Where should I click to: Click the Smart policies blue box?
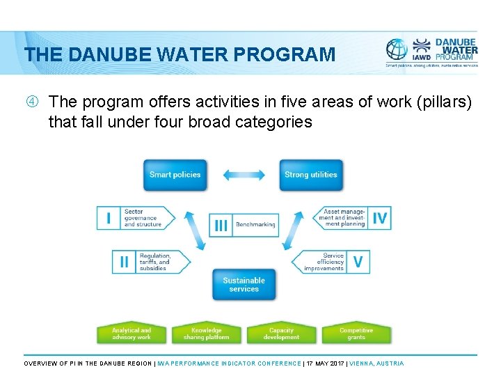click(x=175, y=174)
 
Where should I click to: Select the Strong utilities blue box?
click(x=310, y=174)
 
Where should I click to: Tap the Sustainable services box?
click(x=244, y=284)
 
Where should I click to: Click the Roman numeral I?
click(x=108, y=218)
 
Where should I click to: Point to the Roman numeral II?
click(x=123, y=262)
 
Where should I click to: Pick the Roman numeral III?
click(x=221, y=225)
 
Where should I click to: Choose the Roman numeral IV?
click(x=379, y=218)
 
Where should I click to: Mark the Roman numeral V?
click(x=358, y=262)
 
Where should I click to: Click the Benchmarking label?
click(x=255, y=225)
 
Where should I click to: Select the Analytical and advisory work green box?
click(x=132, y=334)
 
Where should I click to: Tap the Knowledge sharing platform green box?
click(x=207, y=334)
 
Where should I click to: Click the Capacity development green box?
click(x=281, y=334)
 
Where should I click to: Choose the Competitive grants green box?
click(x=356, y=334)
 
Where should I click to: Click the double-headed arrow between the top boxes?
click(x=244, y=174)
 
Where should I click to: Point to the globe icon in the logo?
click(x=397, y=49)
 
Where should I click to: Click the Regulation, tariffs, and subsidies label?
click(x=154, y=262)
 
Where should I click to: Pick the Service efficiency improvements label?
click(x=324, y=262)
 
